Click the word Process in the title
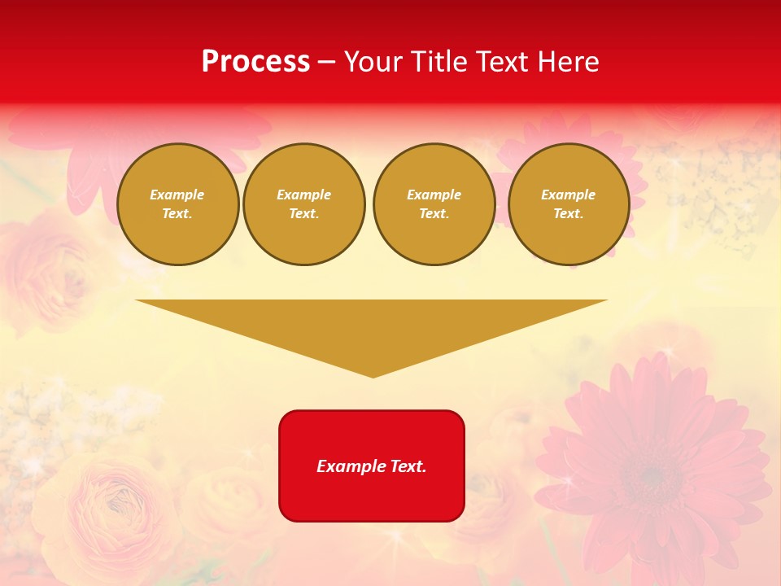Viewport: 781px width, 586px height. (x=255, y=62)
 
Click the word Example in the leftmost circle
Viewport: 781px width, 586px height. (x=177, y=195)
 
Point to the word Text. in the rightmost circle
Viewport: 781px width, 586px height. (x=569, y=213)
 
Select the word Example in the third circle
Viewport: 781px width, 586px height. (x=434, y=195)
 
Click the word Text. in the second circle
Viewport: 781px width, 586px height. (x=303, y=213)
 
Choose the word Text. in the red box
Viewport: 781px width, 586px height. (x=408, y=466)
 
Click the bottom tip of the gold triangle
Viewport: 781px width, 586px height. (x=373, y=376)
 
